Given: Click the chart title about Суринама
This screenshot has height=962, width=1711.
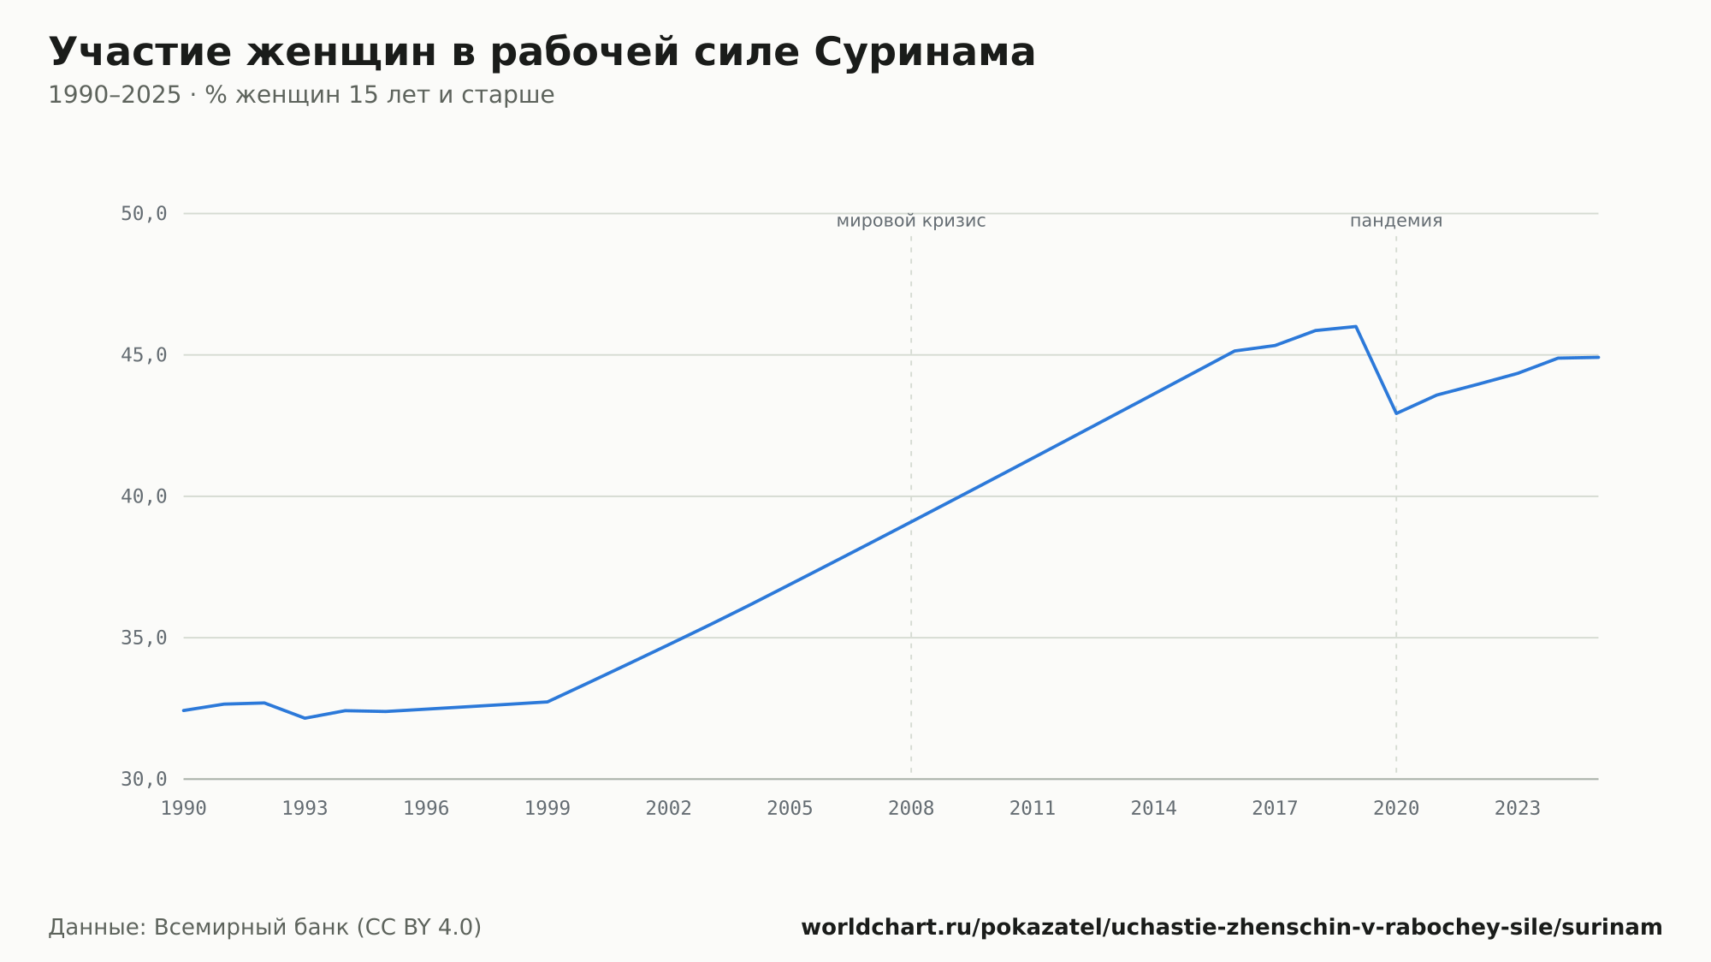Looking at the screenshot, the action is click(542, 52).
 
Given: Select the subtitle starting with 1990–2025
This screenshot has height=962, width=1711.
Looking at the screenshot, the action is click(301, 95).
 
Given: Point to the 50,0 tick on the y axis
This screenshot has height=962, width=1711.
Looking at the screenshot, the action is click(144, 214).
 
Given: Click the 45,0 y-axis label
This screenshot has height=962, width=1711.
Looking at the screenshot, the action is click(144, 355).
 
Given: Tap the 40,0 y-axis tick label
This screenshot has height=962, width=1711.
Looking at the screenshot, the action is click(144, 496).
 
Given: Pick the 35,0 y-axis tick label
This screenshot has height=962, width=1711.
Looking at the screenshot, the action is click(144, 638).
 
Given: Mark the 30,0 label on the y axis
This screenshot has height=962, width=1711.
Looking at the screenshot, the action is click(144, 780).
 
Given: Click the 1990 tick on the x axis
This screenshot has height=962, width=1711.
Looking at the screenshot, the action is click(184, 809).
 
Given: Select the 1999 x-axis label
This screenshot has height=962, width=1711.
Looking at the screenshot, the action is click(548, 809).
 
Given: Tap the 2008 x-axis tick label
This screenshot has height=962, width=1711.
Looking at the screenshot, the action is click(911, 809).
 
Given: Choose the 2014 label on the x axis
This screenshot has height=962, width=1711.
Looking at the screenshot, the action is click(1154, 809).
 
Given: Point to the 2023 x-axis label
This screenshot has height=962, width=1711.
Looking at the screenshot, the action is click(1518, 809).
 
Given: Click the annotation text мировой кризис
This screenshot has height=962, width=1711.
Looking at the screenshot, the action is click(911, 222).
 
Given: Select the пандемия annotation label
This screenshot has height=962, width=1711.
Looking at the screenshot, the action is click(1396, 222).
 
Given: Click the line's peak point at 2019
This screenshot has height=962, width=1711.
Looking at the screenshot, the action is click(1356, 326).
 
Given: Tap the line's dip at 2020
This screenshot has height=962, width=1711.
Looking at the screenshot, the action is click(1396, 413).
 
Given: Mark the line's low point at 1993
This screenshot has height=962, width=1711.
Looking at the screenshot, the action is click(305, 718).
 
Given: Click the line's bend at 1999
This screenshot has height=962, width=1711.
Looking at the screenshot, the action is click(548, 702).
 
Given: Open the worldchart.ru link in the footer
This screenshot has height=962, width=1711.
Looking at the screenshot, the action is click(1232, 928).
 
